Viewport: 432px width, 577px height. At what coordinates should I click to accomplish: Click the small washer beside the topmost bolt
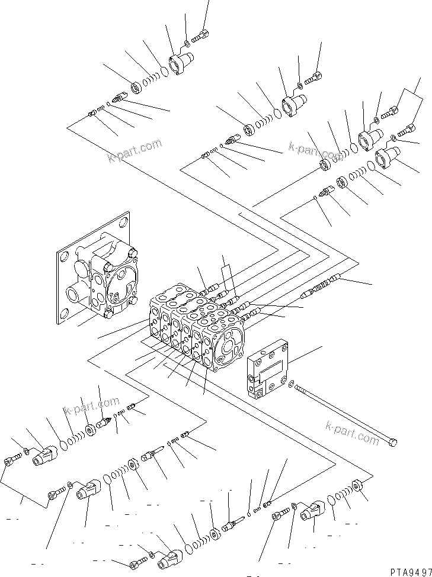(187, 42)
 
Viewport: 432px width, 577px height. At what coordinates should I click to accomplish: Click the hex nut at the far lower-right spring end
(357, 486)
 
